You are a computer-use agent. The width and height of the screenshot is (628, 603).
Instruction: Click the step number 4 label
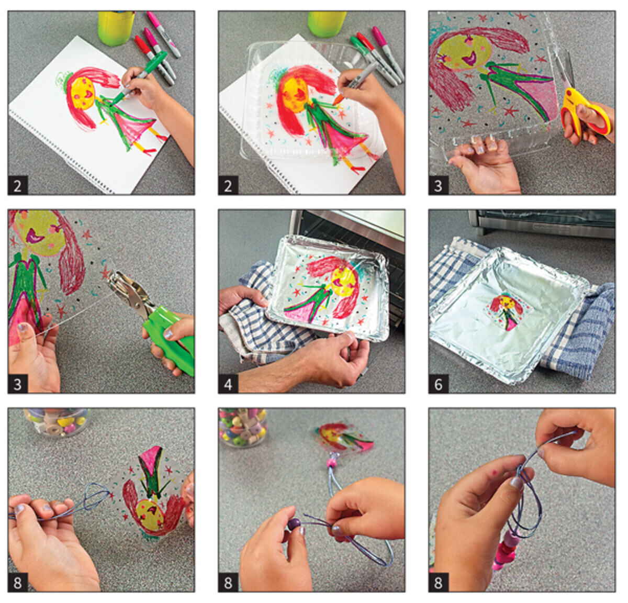point(228,384)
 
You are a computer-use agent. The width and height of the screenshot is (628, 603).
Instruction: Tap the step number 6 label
point(438,384)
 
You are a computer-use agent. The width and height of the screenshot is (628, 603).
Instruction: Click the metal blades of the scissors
point(566,69)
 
